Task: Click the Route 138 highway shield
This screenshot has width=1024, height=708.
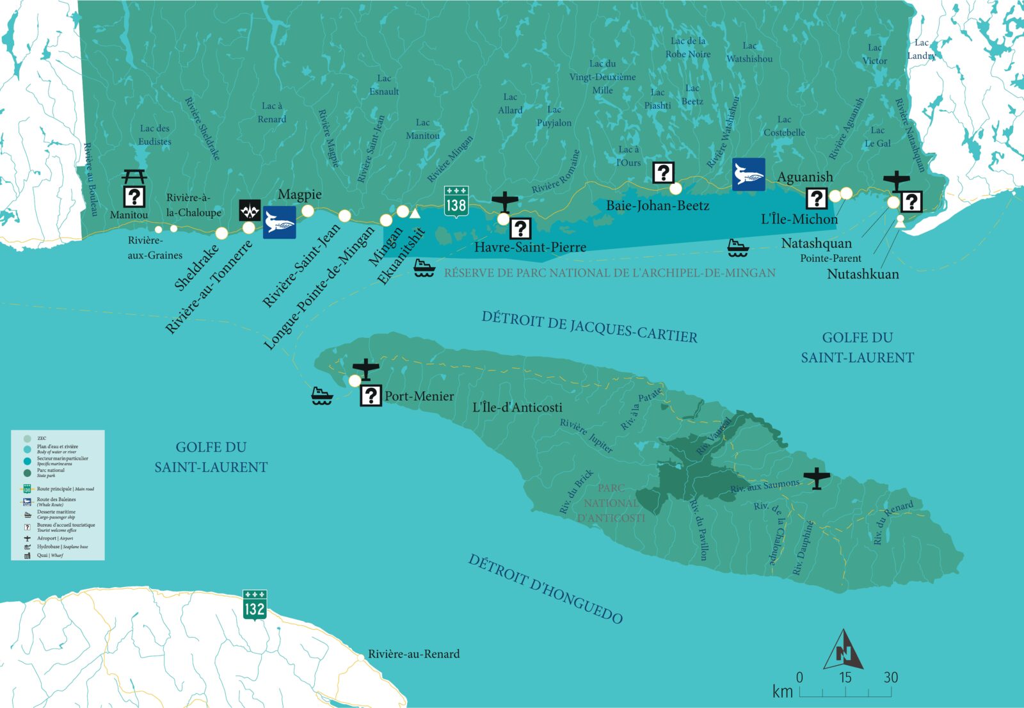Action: pos(456,202)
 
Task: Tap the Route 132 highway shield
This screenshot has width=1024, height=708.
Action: pos(255,605)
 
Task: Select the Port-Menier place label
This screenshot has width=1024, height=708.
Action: pos(419,396)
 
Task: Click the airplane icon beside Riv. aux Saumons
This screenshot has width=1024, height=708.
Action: pos(817,478)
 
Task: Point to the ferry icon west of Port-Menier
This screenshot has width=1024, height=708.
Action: pos(322,396)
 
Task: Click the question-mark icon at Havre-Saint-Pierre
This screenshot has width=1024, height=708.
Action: pos(520,229)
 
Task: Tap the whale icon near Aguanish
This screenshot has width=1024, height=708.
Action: pos(749,174)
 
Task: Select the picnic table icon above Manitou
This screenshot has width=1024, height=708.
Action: pos(134,176)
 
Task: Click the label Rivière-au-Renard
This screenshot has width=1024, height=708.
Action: pos(413,654)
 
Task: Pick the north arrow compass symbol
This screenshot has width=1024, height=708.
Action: pos(843,650)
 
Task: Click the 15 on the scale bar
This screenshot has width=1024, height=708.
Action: pos(845,677)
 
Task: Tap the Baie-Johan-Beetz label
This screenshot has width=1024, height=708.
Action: pos(657,205)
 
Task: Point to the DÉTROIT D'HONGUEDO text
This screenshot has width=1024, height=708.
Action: pos(545,589)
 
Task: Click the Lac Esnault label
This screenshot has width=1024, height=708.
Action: pos(384,85)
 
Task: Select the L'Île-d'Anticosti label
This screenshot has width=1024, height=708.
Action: pos(517,407)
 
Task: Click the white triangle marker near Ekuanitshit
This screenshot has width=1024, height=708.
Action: pos(415,214)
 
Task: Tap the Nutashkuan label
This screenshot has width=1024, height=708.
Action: pos(863,274)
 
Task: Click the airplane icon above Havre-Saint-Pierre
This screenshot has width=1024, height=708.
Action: pos(505,202)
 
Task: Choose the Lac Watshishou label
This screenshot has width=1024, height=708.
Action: pos(749,52)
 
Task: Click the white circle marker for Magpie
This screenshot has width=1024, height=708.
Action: pos(308,211)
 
